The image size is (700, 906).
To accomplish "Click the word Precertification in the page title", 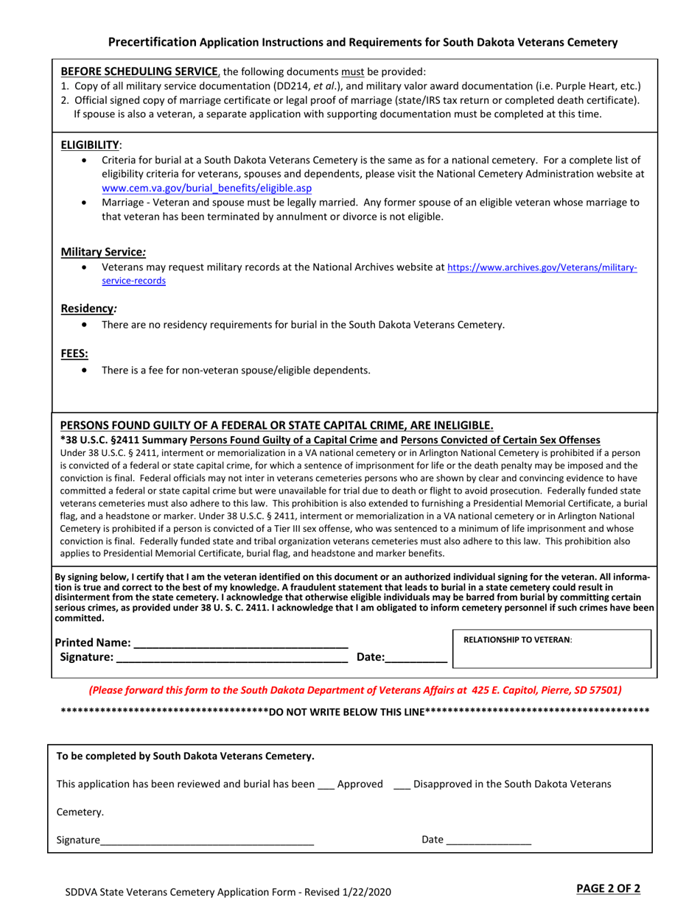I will tap(152, 42).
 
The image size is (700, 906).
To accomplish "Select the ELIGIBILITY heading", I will tap(91, 145).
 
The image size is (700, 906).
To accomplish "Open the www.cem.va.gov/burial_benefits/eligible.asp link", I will tap(206, 188).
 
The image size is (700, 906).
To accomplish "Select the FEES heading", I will tap(74, 354).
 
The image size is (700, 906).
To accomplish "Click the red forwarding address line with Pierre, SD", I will tap(354, 691).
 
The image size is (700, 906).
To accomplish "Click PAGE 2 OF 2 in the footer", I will tap(608, 888).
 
